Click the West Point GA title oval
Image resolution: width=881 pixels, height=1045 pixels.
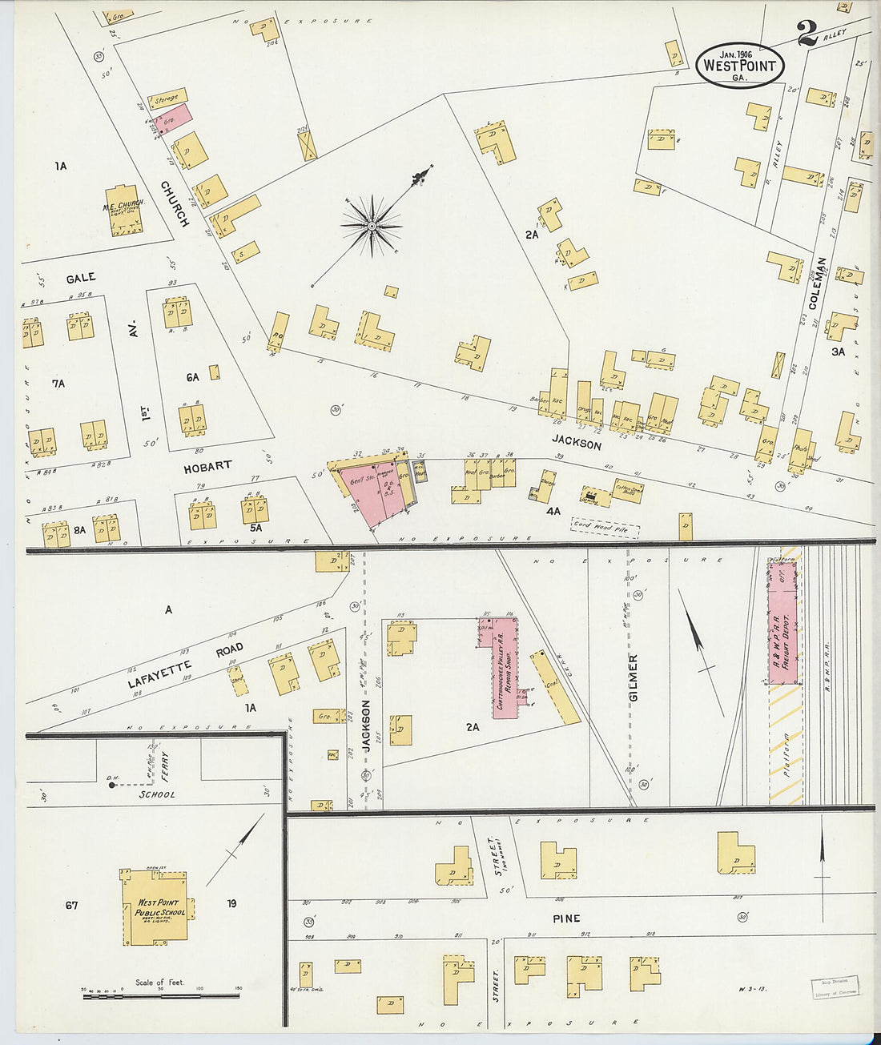tap(740, 65)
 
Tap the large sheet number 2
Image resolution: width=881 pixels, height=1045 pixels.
tap(807, 33)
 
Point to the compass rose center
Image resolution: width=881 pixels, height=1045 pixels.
tap(372, 227)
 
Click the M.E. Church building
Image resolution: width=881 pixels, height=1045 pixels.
tap(123, 211)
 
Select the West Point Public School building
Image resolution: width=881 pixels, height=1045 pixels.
tap(155, 907)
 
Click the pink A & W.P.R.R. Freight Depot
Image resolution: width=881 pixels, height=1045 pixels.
tap(783, 622)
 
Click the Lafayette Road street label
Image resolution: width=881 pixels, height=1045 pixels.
tap(185, 665)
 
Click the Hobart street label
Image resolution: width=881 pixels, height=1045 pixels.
tap(207, 467)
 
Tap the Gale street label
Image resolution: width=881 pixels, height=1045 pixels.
tap(81, 278)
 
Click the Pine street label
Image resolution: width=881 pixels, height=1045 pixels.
tap(565, 918)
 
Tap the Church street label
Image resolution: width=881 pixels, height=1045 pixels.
tap(175, 204)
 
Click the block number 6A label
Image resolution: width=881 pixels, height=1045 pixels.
tap(192, 377)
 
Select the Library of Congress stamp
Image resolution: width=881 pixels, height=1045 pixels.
tap(835, 987)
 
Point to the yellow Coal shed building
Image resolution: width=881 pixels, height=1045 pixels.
tap(555, 687)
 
